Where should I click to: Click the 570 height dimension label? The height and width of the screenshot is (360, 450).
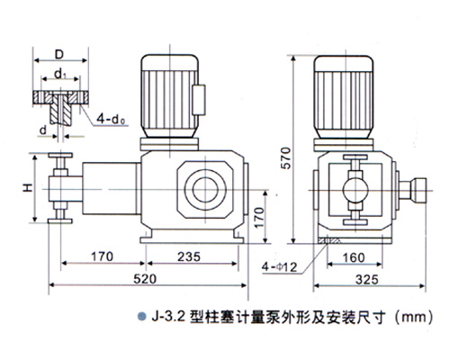pyautogui.click(x=286, y=158)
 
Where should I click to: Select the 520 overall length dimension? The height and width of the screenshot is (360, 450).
pyautogui.click(x=145, y=279)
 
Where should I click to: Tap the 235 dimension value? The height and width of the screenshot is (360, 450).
pyautogui.click(x=189, y=256)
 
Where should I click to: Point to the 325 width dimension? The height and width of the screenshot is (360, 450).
pyautogui.click(x=367, y=280)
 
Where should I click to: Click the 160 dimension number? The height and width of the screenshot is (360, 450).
pyautogui.click(x=354, y=257)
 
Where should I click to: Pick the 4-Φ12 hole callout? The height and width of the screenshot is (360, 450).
pyautogui.click(x=279, y=266)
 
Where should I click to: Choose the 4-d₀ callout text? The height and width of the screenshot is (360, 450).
pyautogui.click(x=111, y=120)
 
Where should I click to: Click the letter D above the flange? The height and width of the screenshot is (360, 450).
pyautogui.click(x=59, y=55)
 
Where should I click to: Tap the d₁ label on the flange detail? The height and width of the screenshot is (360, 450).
pyautogui.click(x=60, y=74)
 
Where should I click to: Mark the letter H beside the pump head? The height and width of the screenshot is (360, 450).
pyautogui.click(x=28, y=188)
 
